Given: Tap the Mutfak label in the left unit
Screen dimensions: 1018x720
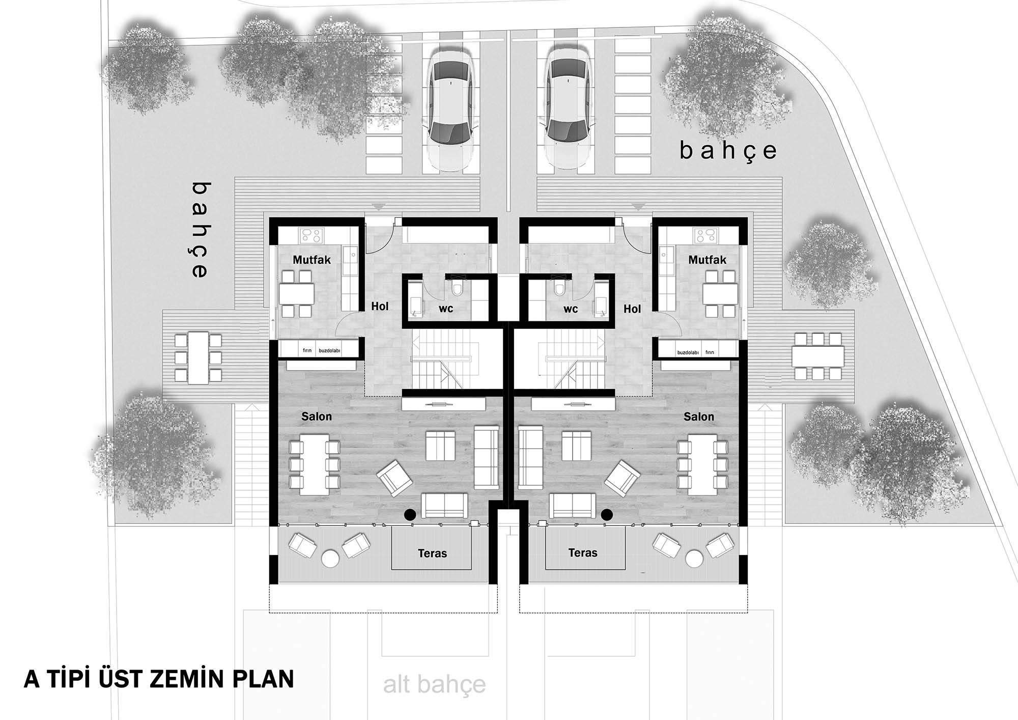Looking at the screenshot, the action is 312,260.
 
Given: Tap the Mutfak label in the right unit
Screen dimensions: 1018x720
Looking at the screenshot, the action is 707,260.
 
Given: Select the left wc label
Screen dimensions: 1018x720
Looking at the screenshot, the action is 446,309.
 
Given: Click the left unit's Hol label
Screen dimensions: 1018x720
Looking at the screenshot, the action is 380,307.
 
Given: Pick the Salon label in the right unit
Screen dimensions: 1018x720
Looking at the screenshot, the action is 698,417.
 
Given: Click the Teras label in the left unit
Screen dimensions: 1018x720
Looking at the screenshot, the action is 432,553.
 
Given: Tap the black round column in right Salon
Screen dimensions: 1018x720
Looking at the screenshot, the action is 606,515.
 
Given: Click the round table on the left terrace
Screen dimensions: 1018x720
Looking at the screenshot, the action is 330,559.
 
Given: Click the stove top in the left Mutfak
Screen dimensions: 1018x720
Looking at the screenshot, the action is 311,235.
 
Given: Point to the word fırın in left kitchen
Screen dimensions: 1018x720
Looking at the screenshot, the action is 307,351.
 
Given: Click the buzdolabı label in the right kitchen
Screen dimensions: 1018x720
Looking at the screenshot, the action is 688,352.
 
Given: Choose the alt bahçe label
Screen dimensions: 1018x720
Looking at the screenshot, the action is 434,685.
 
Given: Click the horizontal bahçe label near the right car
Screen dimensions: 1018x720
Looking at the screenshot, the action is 728,151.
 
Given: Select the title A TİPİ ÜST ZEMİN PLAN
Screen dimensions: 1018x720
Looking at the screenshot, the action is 159,679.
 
